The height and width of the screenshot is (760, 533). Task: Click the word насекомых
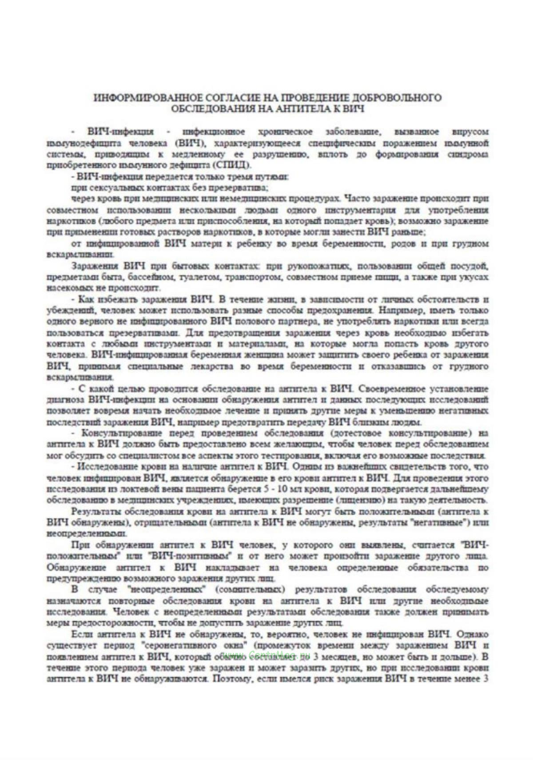point(67,288)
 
